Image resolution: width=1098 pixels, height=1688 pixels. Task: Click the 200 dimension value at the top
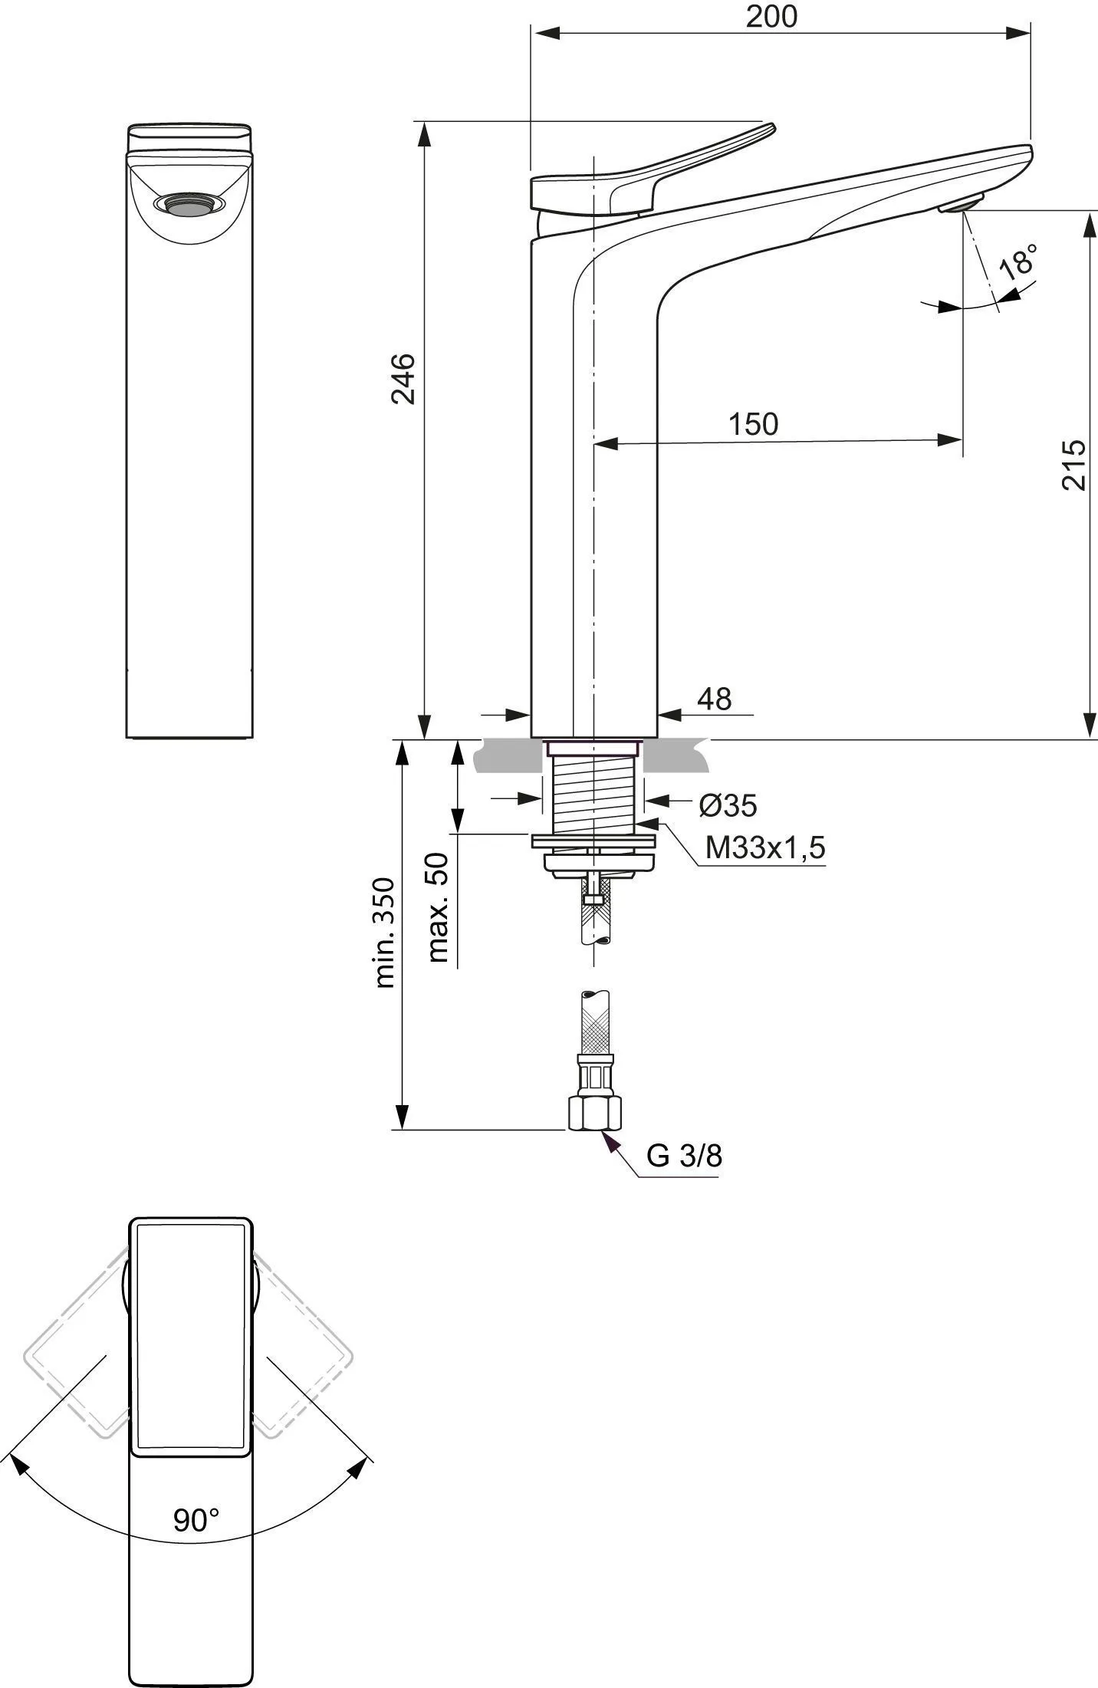pyautogui.click(x=771, y=17)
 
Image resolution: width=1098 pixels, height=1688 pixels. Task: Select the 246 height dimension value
pyautogui.click(x=403, y=378)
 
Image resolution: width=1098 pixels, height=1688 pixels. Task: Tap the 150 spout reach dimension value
pyautogui.click(x=753, y=424)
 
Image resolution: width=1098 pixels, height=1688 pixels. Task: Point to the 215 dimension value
pyautogui.click(x=1074, y=464)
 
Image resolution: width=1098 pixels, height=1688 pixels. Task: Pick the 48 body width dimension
pyautogui.click(x=715, y=699)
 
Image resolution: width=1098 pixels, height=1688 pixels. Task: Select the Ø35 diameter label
pyautogui.click(x=728, y=805)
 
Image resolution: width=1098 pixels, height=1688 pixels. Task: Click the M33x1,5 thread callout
pyautogui.click(x=765, y=847)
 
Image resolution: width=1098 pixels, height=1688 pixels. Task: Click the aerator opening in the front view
pyautogui.click(x=189, y=203)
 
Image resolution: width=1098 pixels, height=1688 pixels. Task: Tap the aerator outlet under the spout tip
pyautogui.click(x=962, y=205)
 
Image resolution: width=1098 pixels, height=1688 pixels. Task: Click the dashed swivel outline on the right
pyautogui.click(x=303, y=1345)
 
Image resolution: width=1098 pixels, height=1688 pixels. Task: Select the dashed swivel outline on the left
pyautogui.click(x=77, y=1345)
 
